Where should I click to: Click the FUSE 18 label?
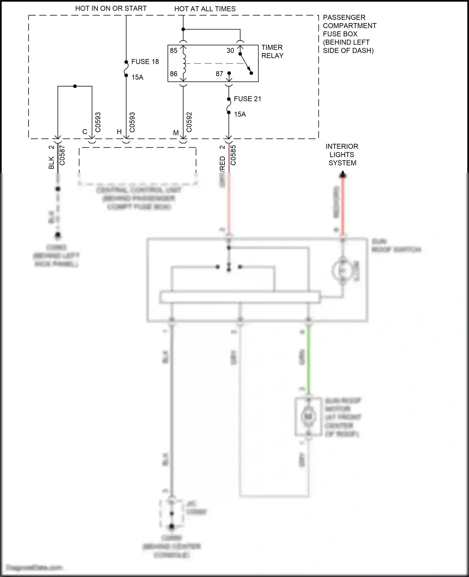(x=145, y=62)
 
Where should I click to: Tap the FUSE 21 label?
(x=247, y=99)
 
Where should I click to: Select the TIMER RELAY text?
(x=272, y=52)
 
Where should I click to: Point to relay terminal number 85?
(x=174, y=51)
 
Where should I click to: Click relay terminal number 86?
(x=174, y=74)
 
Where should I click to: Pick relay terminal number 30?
(x=230, y=51)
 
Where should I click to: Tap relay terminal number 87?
(x=219, y=74)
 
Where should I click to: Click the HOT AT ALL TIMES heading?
(x=205, y=9)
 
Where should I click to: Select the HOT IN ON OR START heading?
(x=111, y=8)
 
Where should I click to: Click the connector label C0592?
(x=189, y=122)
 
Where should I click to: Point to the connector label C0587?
(x=62, y=155)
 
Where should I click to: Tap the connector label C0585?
(x=233, y=155)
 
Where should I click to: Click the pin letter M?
(x=176, y=133)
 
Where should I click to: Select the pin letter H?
(x=119, y=132)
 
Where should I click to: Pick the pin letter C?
(x=85, y=132)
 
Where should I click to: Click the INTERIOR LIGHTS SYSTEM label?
(x=342, y=155)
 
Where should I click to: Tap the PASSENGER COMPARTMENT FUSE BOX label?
(x=349, y=34)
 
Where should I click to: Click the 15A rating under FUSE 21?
(x=240, y=114)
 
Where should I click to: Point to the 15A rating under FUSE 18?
(x=137, y=77)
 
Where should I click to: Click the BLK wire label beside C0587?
(x=51, y=163)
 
